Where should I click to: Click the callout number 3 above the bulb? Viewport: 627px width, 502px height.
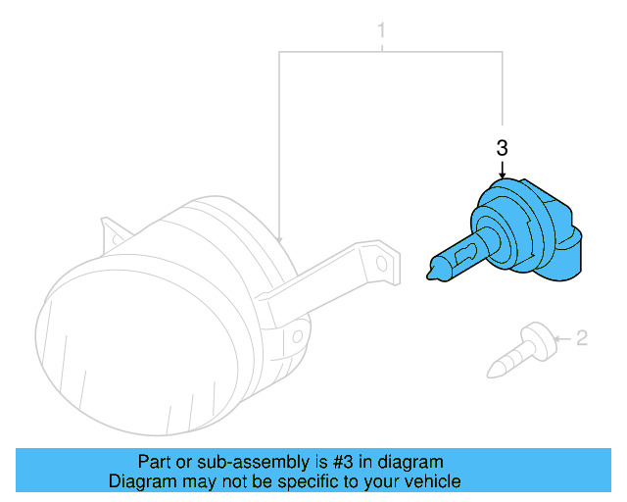click(503, 149)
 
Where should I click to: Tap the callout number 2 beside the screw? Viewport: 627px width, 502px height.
click(581, 339)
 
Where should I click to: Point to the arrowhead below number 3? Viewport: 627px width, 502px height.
click(503, 176)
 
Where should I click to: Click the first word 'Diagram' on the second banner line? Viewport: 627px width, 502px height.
click(139, 481)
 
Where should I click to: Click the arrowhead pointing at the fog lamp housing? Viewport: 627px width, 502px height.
click(280, 238)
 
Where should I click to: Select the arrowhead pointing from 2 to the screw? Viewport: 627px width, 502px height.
click(555, 340)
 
